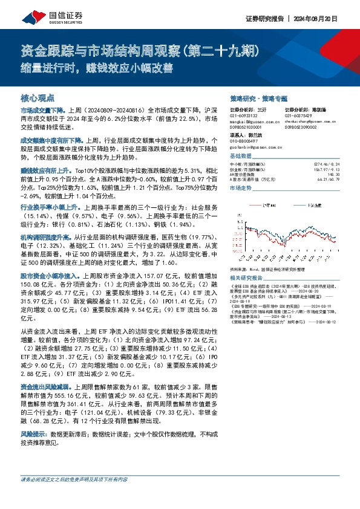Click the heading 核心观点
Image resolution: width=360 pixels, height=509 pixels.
pyautogui.click(x=38, y=97)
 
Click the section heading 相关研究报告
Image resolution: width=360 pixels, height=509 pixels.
pyautogui.click(x=249, y=277)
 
